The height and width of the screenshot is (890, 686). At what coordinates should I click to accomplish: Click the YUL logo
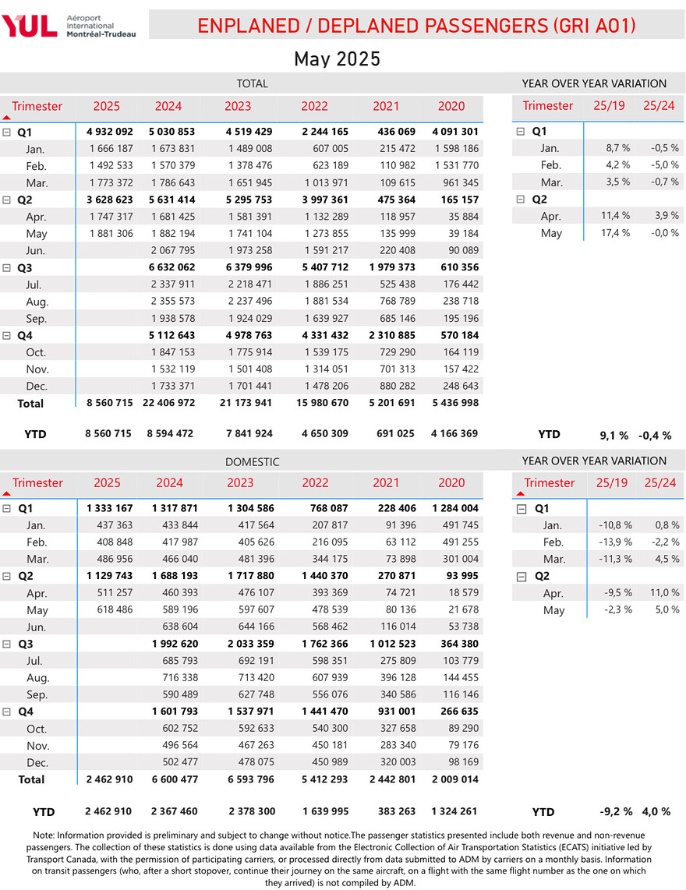pyautogui.click(x=30, y=26)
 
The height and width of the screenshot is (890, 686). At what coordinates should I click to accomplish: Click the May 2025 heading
pyautogui.click(x=337, y=59)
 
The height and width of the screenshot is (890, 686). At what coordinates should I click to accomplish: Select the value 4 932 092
pyautogui.click(x=109, y=132)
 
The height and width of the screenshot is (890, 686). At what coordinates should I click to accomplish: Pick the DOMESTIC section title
pyautogui.click(x=252, y=462)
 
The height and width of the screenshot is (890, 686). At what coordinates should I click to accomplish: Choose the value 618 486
pyautogui.click(x=115, y=610)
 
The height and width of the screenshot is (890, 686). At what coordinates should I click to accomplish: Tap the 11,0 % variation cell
pyautogui.click(x=663, y=593)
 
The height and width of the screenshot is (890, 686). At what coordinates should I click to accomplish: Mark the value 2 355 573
pyautogui.click(x=174, y=302)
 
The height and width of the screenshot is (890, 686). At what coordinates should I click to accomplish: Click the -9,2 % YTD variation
pyautogui.click(x=613, y=812)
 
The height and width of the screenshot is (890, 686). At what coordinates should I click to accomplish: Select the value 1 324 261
pyautogui.click(x=454, y=812)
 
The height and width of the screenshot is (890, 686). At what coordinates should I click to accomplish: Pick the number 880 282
pyautogui.click(x=394, y=386)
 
